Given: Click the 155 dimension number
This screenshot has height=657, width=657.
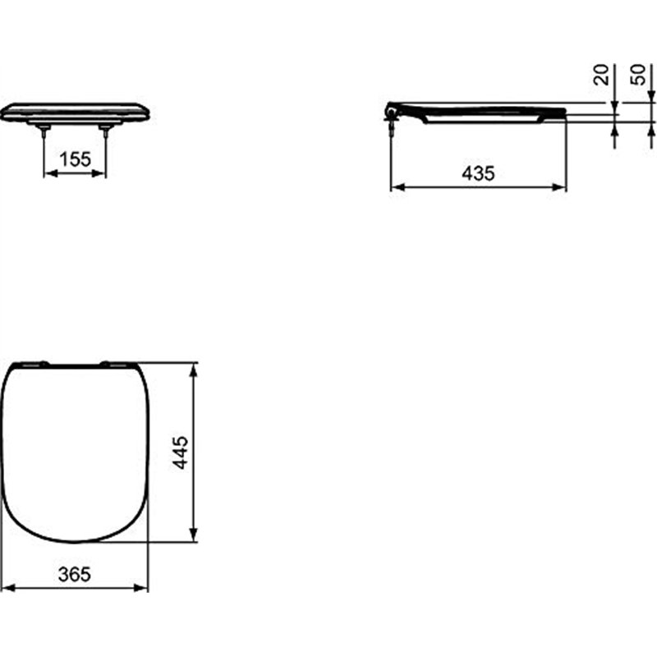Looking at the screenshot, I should tap(75, 160).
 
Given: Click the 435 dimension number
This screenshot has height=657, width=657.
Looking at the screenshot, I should tap(478, 173).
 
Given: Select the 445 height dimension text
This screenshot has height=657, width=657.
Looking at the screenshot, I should tap(181, 453).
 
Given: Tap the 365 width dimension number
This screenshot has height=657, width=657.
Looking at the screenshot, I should tap(75, 575).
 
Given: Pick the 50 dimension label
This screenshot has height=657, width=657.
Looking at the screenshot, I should tap(637, 76).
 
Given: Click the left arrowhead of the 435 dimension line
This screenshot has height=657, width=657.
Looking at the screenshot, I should tap(395, 187).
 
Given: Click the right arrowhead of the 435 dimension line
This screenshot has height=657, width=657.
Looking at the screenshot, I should tap(562, 187).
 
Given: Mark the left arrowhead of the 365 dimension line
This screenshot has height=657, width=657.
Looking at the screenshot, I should tap(9, 588).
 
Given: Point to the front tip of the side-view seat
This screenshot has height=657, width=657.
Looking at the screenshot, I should tap(564, 113).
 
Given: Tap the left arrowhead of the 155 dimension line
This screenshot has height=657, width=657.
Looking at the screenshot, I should tap(48, 173).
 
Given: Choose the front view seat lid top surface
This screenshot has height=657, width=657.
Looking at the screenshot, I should tap(75, 107).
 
